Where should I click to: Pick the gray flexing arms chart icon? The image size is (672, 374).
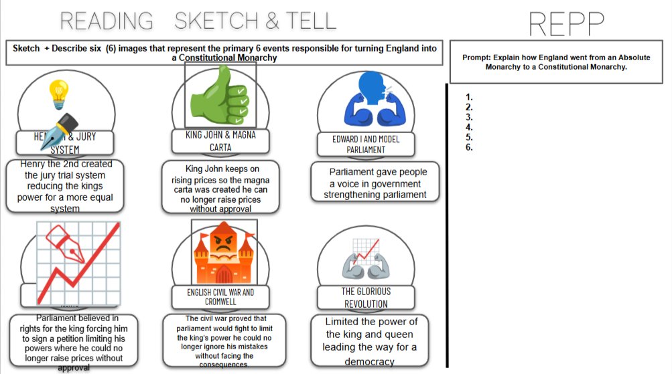pos(366,261)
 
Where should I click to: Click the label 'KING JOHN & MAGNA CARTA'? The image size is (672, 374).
pos(220,141)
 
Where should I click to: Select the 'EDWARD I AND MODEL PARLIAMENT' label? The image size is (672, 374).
pos(366,145)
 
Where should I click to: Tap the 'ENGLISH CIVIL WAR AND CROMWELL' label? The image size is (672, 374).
pos(220,297)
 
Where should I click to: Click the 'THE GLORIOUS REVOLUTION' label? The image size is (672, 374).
pos(366,298)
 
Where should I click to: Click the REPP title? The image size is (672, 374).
pos(566,25)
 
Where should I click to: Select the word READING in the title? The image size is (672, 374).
pos(107,21)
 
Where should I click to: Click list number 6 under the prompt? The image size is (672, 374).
pos(469,147)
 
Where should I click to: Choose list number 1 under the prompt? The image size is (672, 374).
pos(469,97)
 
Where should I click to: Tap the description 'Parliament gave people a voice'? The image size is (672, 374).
pos(375,183)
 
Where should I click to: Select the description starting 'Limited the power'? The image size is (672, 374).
pos(370,341)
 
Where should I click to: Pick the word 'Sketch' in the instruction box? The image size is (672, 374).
pos(26,49)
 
